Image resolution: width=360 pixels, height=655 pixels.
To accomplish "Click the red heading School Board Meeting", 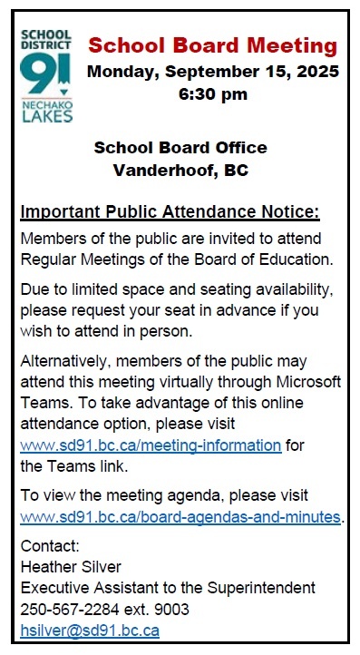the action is [213, 46].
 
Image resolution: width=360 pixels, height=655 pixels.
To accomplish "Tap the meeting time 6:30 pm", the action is [213, 93].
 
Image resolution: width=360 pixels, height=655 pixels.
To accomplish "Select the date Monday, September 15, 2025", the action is [213, 71].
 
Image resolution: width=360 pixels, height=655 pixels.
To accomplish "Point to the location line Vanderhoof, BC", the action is [180, 170].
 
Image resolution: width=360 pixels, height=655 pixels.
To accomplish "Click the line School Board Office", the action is [180, 148].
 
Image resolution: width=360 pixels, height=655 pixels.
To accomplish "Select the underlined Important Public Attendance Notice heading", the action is [170, 213].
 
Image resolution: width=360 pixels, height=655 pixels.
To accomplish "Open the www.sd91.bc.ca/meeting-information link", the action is [151, 445].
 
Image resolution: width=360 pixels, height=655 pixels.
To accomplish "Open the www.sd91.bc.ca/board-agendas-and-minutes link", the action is [180, 517].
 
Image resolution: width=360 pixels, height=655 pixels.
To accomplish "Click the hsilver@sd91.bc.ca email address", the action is [90, 628].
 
